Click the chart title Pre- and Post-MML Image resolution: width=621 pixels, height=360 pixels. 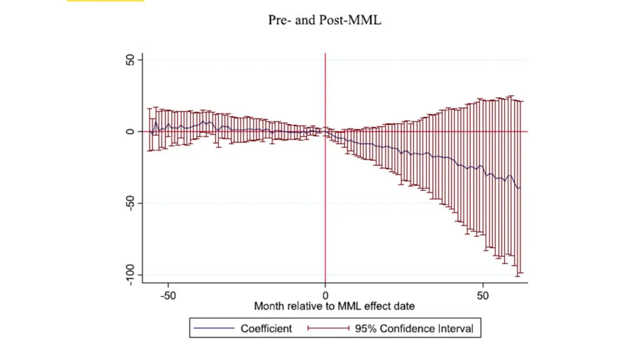point(324,20)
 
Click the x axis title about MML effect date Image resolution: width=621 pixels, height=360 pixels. point(334,306)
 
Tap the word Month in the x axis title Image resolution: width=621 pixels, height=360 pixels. point(270,306)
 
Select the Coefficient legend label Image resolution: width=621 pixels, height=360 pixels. point(266,328)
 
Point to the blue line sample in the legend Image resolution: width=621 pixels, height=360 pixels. point(214,328)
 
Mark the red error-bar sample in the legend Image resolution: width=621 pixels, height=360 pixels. point(329,328)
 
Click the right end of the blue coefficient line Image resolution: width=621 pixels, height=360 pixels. point(520,187)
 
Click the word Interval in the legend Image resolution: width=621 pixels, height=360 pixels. point(455,328)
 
